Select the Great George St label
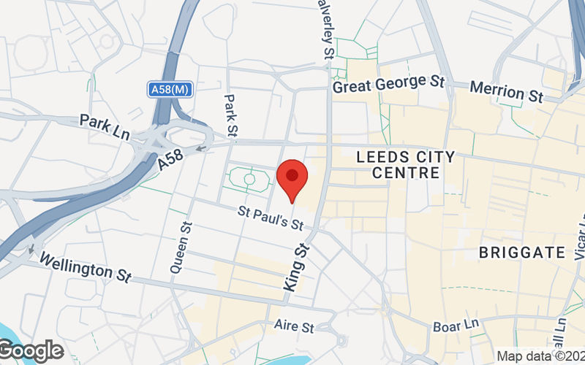(388, 85)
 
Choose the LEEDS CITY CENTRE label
(405, 165)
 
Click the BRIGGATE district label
(522, 253)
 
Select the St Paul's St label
(271, 216)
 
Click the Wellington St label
(85, 267)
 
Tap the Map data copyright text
(540, 356)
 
